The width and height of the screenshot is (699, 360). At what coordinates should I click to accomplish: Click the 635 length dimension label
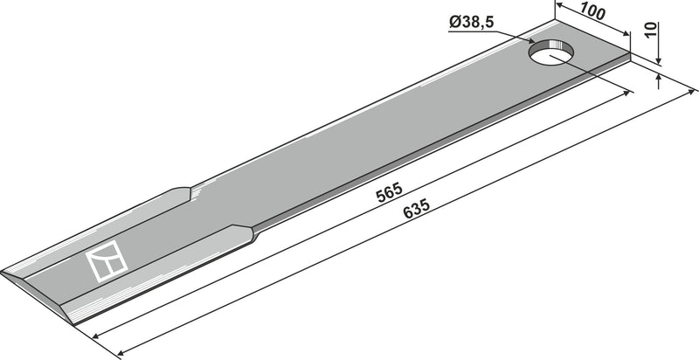click(417, 209)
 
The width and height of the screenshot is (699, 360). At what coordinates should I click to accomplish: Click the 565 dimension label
click(389, 192)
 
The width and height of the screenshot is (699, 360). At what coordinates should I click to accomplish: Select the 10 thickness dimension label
click(651, 30)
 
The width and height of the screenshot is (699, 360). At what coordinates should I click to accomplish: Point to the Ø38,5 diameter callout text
click(471, 22)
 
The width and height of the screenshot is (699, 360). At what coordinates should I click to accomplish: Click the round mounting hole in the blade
click(550, 52)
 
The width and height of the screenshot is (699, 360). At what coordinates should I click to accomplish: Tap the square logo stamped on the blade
click(107, 260)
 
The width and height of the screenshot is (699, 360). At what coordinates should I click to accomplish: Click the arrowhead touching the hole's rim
click(530, 40)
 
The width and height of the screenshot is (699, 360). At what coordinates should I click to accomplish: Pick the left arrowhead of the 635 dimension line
click(121, 354)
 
